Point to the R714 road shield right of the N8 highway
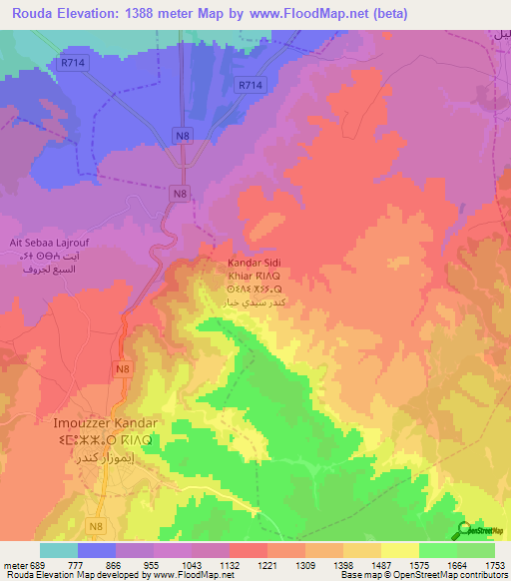[252, 86]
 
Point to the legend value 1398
[342, 566]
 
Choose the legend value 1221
[266, 566]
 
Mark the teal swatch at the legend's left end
[59, 550]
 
